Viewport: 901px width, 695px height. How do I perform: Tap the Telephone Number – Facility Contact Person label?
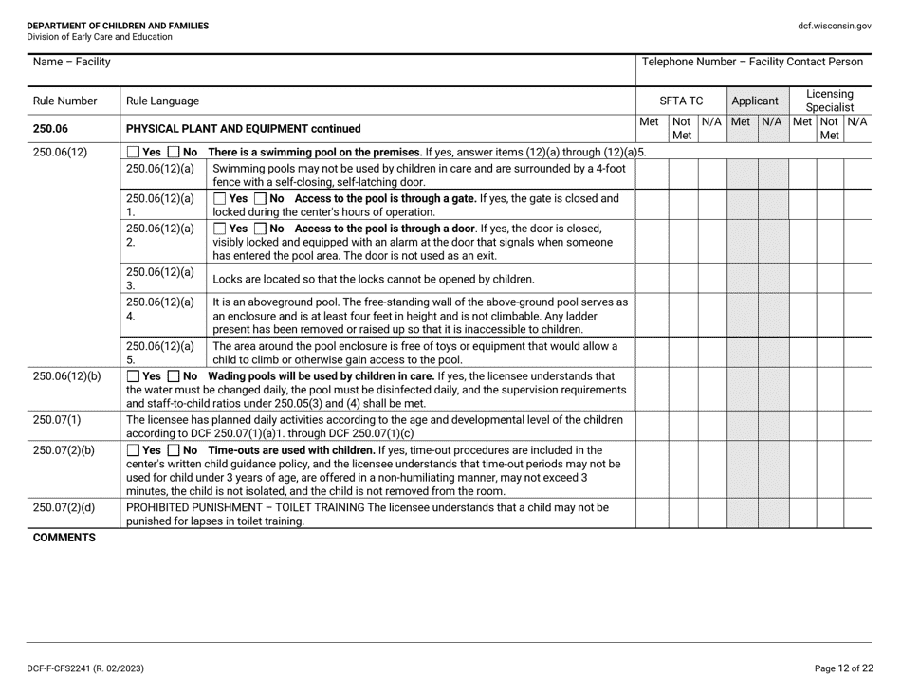tap(752, 63)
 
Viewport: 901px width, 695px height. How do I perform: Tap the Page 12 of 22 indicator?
tap(843, 668)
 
